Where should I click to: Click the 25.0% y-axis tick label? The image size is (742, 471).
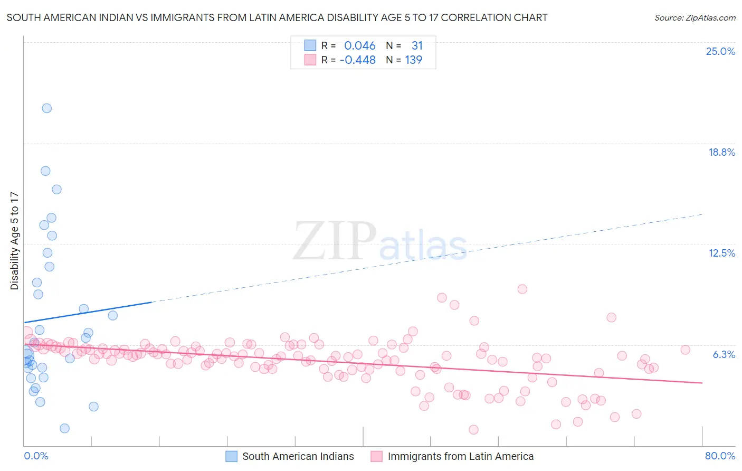pyautogui.click(x=720, y=51)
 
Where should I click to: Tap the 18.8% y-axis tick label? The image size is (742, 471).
pyautogui.click(x=721, y=152)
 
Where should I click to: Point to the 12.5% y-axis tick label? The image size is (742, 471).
pyautogui.click(x=721, y=253)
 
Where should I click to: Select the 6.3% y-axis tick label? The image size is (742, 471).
pyautogui.click(x=724, y=354)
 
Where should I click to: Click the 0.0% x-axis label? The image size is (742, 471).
pyautogui.click(x=36, y=456)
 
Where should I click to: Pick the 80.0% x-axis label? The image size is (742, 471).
pyautogui.click(x=720, y=456)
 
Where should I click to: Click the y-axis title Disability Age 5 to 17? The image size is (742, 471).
pyautogui.click(x=14, y=241)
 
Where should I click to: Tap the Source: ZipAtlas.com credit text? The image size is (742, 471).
pyautogui.click(x=695, y=17)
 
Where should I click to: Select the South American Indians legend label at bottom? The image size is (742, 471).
pyautogui.click(x=298, y=456)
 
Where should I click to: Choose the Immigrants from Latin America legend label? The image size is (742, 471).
pyautogui.click(x=460, y=456)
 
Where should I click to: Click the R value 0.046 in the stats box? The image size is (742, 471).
pyautogui.click(x=359, y=45)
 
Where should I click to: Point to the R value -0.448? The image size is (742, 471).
pyautogui.click(x=357, y=60)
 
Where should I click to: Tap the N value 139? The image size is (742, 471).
pyautogui.click(x=413, y=60)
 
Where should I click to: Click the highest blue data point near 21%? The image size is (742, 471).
pyautogui.click(x=46, y=108)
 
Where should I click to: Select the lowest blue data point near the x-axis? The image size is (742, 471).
pyautogui.click(x=64, y=428)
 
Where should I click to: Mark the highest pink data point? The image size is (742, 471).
pyautogui.click(x=522, y=289)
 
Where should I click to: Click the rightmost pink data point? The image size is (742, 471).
pyautogui.click(x=685, y=350)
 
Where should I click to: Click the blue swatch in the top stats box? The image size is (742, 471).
pyautogui.click(x=310, y=45)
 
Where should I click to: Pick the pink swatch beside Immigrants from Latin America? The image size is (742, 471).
pyautogui.click(x=376, y=456)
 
